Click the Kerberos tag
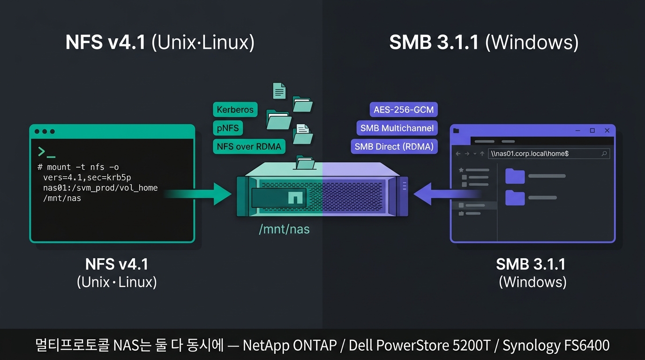235,109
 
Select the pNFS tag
228,128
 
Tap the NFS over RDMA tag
249,146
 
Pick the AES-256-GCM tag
404,109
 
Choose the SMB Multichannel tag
397,128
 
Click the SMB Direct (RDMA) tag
394,146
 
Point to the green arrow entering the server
198,194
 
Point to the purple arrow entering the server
447,194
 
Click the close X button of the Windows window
607,130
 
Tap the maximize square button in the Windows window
592,130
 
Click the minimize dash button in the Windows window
577,131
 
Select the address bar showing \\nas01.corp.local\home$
548,153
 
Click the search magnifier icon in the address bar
604,153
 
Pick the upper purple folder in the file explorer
515,176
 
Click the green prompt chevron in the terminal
41,151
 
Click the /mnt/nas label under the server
284,229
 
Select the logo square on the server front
295,197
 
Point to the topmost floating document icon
279,91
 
